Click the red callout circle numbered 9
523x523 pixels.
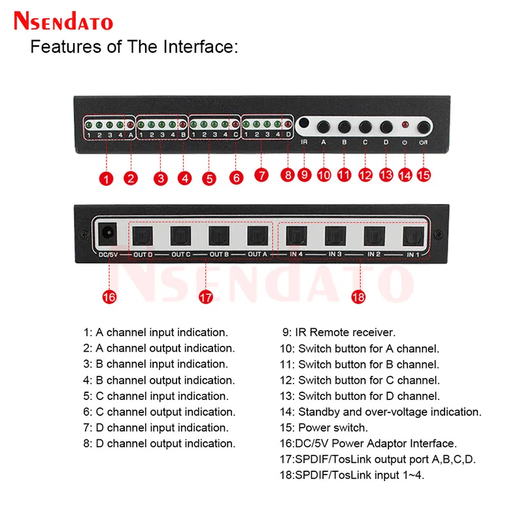(x=304, y=175)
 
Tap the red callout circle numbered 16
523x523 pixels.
(x=109, y=297)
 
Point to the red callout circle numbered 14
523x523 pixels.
(x=405, y=175)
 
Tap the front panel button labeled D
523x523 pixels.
(x=386, y=126)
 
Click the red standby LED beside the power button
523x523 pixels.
(x=405, y=125)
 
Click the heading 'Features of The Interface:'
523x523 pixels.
(x=135, y=47)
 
